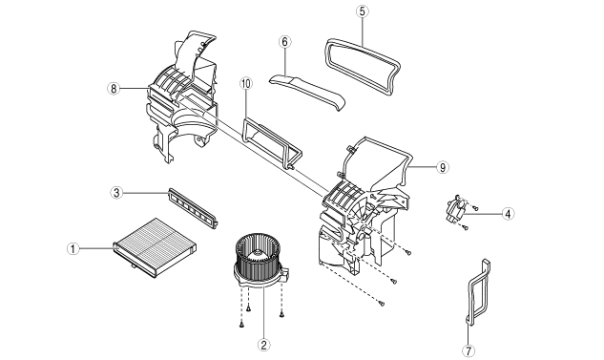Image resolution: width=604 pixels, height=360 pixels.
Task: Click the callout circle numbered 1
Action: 73,248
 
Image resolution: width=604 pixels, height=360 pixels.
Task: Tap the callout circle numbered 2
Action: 264,344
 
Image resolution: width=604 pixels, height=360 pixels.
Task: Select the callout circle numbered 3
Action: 116,192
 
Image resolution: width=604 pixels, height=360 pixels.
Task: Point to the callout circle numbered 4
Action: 508,214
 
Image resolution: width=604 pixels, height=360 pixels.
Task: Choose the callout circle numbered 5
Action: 362,11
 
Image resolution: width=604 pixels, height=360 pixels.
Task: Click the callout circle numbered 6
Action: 284,42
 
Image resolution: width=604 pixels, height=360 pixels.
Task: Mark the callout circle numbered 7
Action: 469,350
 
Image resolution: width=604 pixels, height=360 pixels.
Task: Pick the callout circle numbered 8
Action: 114,89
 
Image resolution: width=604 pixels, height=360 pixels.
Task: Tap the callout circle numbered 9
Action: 443,167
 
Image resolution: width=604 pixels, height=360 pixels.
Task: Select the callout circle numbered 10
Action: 246,83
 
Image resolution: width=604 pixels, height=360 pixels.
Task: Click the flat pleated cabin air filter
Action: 156,247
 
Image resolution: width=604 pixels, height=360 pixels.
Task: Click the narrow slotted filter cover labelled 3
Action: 193,208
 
